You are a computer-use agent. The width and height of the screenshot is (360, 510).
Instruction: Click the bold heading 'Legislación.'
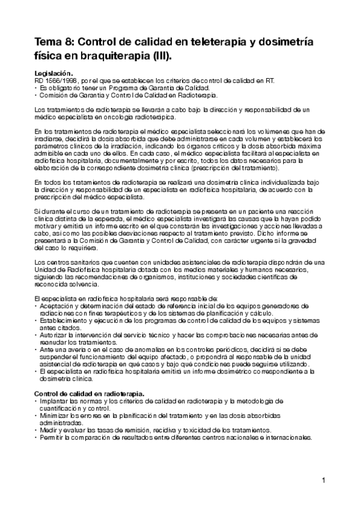point(53,73)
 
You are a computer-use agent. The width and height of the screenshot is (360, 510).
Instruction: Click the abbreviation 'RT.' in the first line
point(270,80)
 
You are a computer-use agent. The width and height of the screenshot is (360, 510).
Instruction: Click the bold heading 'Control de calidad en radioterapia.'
point(90,393)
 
